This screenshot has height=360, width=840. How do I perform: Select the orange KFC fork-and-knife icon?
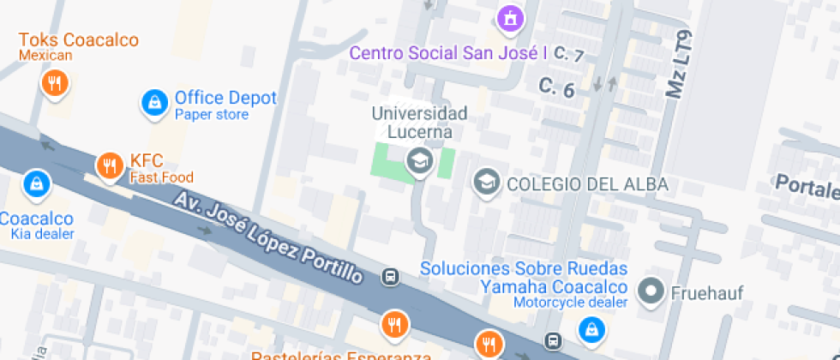pos(109,165)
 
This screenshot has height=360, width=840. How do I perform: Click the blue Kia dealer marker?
pos(36,183)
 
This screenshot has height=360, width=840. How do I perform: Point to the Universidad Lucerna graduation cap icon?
pos(419,159)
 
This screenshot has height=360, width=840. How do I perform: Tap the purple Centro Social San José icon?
pos(510,16)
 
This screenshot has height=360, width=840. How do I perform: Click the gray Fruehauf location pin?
pos(653,291)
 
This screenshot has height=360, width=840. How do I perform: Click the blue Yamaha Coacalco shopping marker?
pos(591,327)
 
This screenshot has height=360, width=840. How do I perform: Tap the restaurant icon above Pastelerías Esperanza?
pos(395,324)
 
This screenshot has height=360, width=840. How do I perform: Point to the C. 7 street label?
pos(568,55)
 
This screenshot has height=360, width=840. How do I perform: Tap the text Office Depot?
pos(225,98)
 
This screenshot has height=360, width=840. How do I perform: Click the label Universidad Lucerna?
pos(420,123)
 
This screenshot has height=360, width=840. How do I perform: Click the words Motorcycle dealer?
pos(570,302)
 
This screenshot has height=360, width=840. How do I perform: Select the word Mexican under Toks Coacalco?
pos(45,56)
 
